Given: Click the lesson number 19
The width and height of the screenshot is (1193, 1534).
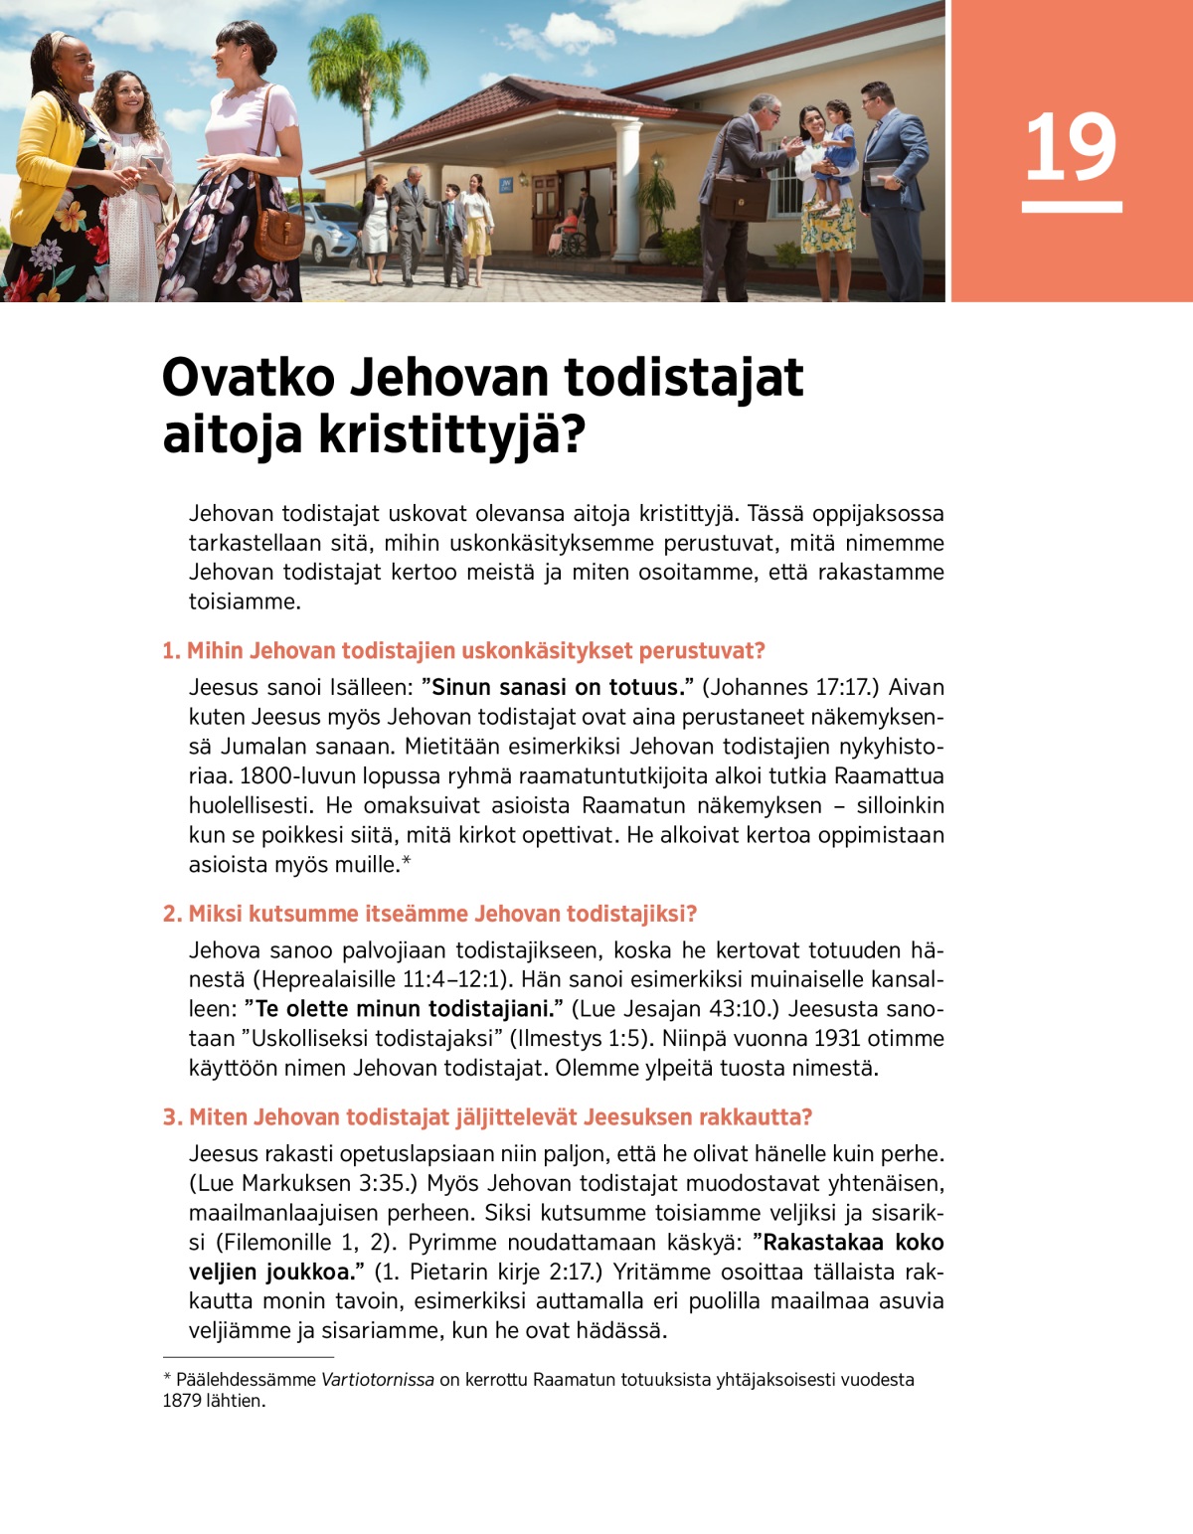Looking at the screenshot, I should [x=1071, y=148].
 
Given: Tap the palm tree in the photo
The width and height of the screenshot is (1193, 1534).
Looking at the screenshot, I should [x=367, y=70].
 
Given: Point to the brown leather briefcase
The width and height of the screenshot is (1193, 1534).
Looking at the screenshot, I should [x=740, y=198].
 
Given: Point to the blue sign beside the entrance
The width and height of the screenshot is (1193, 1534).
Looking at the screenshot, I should [x=506, y=184].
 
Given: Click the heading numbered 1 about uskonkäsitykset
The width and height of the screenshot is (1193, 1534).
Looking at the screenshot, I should [x=463, y=651].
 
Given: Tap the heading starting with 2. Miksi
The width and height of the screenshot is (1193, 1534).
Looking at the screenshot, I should [x=429, y=914].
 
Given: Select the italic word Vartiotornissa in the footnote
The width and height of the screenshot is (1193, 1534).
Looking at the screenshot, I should [x=378, y=1380].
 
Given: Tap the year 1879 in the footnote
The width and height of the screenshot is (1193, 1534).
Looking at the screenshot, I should [x=182, y=1401].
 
